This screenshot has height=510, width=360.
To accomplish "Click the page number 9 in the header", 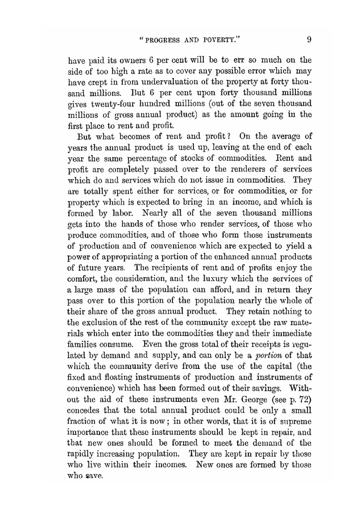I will [309, 40].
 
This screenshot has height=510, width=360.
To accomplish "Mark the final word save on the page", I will [95, 476].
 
